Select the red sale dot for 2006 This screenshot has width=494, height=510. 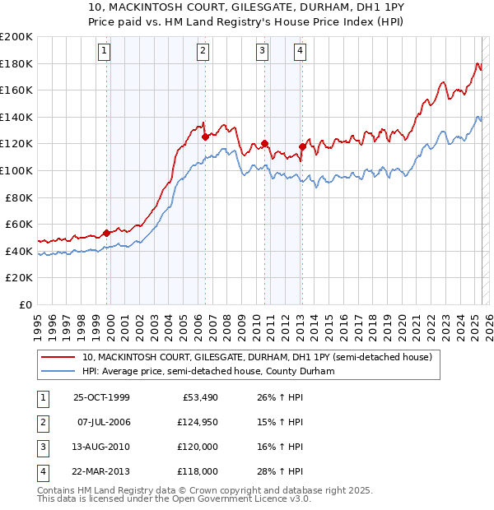tap(205, 137)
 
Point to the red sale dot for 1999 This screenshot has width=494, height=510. tap(107, 233)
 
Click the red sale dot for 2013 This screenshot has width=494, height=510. tap(302, 146)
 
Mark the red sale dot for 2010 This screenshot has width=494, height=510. tap(264, 144)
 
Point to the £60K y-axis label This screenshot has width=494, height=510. tap(19, 224)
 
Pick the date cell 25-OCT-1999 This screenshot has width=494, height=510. tap(101, 398)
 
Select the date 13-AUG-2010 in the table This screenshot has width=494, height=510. tap(101, 447)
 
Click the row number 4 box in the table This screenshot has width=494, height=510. tap(41, 472)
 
